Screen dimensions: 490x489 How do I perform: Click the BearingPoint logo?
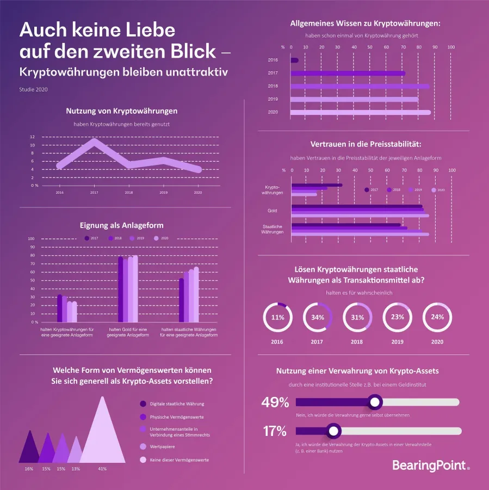[x=430, y=465]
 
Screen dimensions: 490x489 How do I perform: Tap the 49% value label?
[x=275, y=402]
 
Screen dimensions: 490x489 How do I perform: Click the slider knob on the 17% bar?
[x=333, y=431]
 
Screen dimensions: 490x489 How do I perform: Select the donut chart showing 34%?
[x=318, y=317]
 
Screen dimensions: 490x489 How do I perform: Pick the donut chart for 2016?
[x=277, y=317]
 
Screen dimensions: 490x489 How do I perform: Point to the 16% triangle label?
[x=29, y=468]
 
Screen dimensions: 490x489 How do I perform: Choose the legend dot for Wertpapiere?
[x=143, y=446]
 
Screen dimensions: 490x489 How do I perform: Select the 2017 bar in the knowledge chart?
[x=348, y=73]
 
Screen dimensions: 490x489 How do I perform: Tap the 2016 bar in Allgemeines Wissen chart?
[x=294, y=60]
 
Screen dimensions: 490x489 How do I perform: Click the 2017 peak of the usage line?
[x=95, y=143]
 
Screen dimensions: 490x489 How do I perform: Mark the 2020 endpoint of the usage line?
[x=198, y=169]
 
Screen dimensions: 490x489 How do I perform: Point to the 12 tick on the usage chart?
[x=33, y=137]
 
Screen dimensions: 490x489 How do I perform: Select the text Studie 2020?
[x=33, y=89]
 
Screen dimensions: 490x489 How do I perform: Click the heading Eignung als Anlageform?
[x=121, y=225]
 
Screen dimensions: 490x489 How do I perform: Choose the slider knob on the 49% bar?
[x=374, y=402]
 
